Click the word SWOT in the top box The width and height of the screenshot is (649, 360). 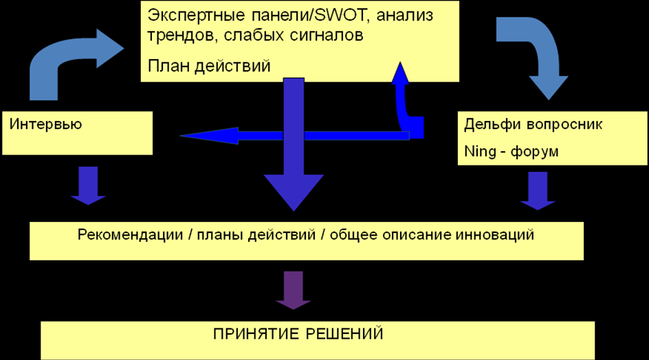[x=324, y=15]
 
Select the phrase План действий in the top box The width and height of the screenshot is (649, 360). [x=209, y=66]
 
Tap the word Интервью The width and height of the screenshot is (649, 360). [x=45, y=124]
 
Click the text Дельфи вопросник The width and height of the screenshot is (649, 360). [x=533, y=124]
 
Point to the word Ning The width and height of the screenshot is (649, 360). [x=479, y=151]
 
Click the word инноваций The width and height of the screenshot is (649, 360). [x=495, y=235]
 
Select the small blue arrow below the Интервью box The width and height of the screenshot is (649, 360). [x=88, y=185]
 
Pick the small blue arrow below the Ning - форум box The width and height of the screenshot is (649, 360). [x=538, y=190]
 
